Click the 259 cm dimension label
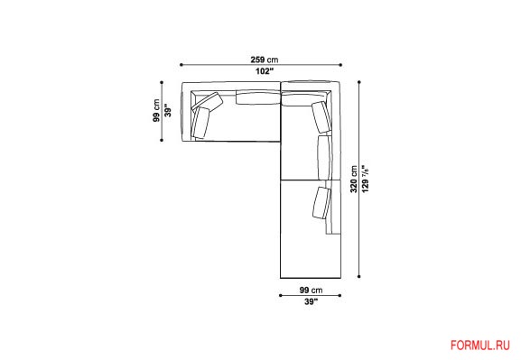tap(265, 60)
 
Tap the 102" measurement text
tap(265, 71)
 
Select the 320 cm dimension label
tap(354, 179)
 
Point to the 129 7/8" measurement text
tap(365, 179)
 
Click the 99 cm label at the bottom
tap(311, 290)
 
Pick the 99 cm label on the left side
tap(156, 111)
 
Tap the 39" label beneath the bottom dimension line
tap(311, 302)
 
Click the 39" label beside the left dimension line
tap(168, 111)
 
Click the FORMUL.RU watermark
tap(479, 346)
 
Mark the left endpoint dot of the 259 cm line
tap(181, 65)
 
